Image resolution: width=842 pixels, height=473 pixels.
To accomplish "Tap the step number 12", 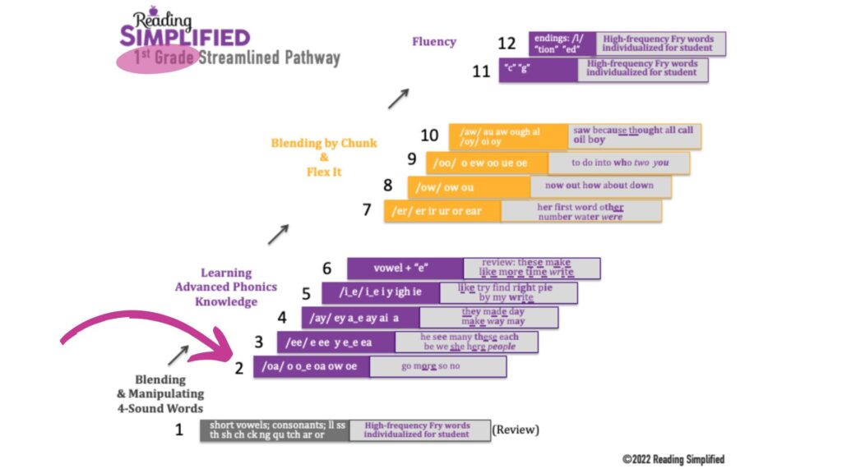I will [x=507, y=44].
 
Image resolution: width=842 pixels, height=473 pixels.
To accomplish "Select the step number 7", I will [x=368, y=210].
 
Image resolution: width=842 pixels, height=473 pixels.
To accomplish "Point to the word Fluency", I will [x=434, y=41].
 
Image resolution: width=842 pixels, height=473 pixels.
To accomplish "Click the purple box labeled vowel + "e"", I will [x=405, y=269].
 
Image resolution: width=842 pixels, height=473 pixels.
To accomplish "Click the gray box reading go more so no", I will [x=437, y=366].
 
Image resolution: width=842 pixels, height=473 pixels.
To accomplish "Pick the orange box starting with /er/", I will [x=442, y=211].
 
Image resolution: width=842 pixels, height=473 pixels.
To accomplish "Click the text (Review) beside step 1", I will [x=516, y=429].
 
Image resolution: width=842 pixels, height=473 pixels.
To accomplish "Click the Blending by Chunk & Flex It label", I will [x=324, y=158].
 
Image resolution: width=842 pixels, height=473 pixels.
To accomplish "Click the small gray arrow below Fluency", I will [x=398, y=99].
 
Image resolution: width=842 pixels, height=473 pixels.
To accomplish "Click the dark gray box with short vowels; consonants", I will [x=275, y=429].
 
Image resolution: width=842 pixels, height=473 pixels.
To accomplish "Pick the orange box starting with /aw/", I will [x=508, y=136].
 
